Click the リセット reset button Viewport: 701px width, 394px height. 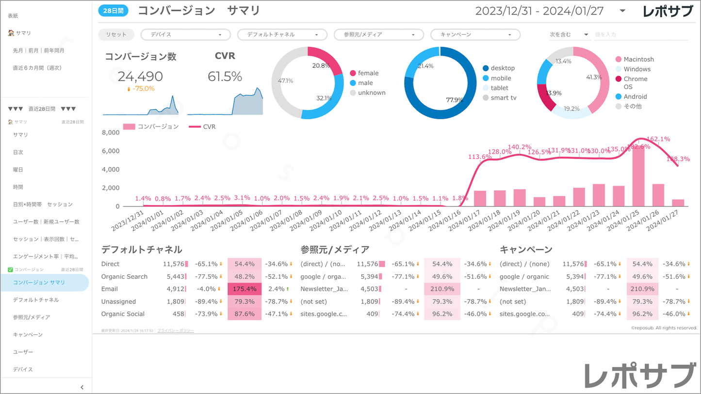[x=116, y=34]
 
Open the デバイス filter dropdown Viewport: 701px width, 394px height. [x=185, y=35]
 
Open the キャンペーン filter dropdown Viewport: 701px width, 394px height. [x=475, y=35]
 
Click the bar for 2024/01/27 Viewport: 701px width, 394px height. [x=678, y=203]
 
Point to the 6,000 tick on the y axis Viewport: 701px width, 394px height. [x=111, y=151]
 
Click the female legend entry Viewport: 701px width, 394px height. [x=368, y=73]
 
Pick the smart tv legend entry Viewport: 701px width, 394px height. [x=503, y=98]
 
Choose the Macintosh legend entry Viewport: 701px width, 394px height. [x=638, y=59]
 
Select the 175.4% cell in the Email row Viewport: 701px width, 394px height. [x=245, y=289]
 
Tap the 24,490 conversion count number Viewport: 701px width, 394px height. [x=140, y=77]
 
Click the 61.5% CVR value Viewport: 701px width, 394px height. [x=225, y=77]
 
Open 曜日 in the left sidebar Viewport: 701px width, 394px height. [x=18, y=170]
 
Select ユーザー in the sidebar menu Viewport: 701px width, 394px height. [x=23, y=352]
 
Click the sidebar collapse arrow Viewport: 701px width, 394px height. [x=82, y=387]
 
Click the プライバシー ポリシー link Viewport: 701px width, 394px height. [x=176, y=331]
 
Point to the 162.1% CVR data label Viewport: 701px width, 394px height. [x=658, y=139]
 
